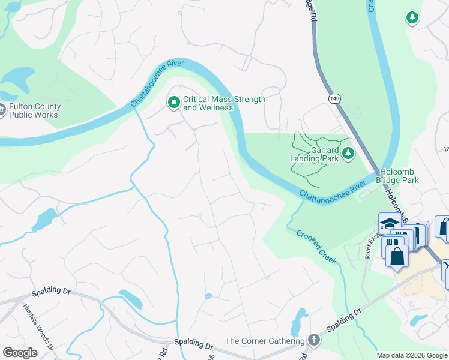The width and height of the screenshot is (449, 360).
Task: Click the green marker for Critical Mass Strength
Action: point(174,103)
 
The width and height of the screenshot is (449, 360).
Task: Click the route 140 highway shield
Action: point(334,97)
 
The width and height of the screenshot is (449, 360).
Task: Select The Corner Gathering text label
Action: point(265,341)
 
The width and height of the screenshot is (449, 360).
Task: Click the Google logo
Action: point(20,352)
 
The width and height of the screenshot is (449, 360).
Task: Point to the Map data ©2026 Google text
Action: point(412,355)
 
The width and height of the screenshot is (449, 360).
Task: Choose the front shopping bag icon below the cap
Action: point(397,256)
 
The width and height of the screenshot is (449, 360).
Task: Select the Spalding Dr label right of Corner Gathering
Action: point(344,322)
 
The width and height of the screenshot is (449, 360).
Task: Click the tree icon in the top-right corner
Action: point(412,19)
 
